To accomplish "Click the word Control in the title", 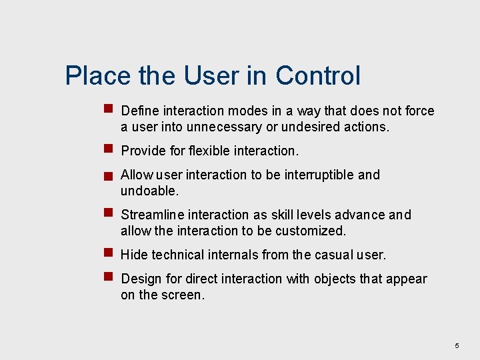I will (x=318, y=75).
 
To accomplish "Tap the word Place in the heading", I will (x=98, y=75).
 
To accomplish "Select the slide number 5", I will (x=457, y=346).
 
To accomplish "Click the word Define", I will (x=140, y=111).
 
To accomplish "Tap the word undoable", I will (x=149, y=191).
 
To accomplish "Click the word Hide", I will (x=134, y=255).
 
